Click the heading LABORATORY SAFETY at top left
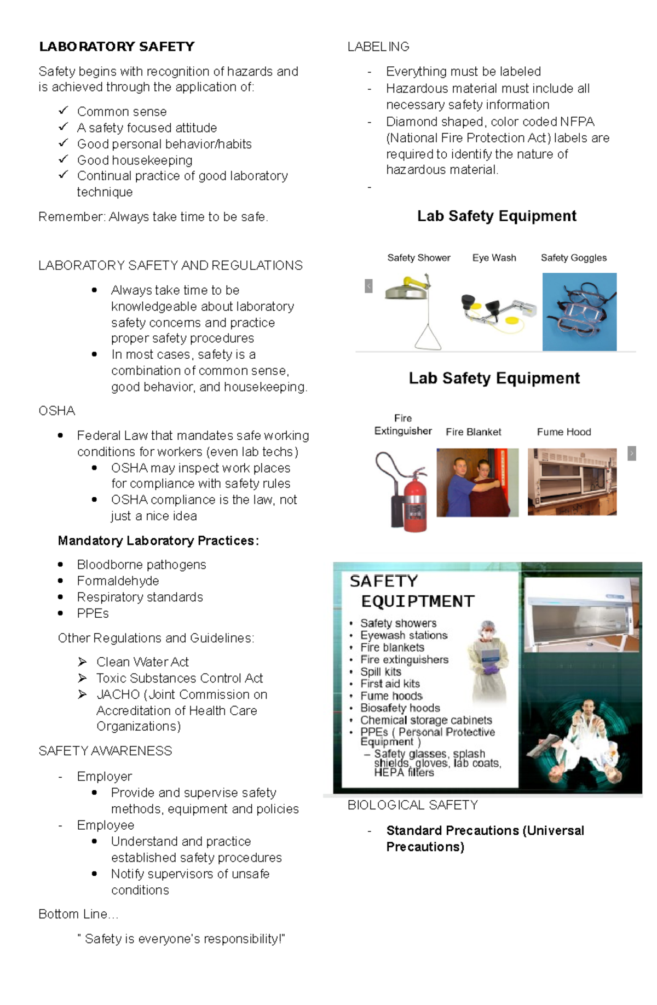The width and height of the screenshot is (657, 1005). coord(117,47)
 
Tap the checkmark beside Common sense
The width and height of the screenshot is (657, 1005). coord(64,111)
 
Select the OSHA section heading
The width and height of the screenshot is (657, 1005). coord(57,411)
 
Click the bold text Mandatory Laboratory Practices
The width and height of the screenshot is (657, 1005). coord(158,541)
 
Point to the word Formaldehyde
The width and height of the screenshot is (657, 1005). coord(118,581)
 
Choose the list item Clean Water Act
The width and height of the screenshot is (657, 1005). coord(142,662)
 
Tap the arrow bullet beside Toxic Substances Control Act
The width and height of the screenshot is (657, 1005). coord(83,678)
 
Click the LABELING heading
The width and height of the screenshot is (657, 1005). coord(378,47)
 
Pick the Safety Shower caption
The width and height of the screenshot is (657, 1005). coord(418,257)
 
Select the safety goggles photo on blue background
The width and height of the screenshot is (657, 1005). coord(579,312)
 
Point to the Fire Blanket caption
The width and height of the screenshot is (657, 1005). coord(473,432)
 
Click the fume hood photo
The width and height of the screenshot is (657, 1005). coord(572,481)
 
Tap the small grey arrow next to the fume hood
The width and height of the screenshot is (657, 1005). coord(631,453)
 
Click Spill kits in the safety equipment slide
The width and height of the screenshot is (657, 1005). coord(381,671)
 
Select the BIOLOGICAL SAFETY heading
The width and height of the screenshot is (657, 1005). coord(412,805)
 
